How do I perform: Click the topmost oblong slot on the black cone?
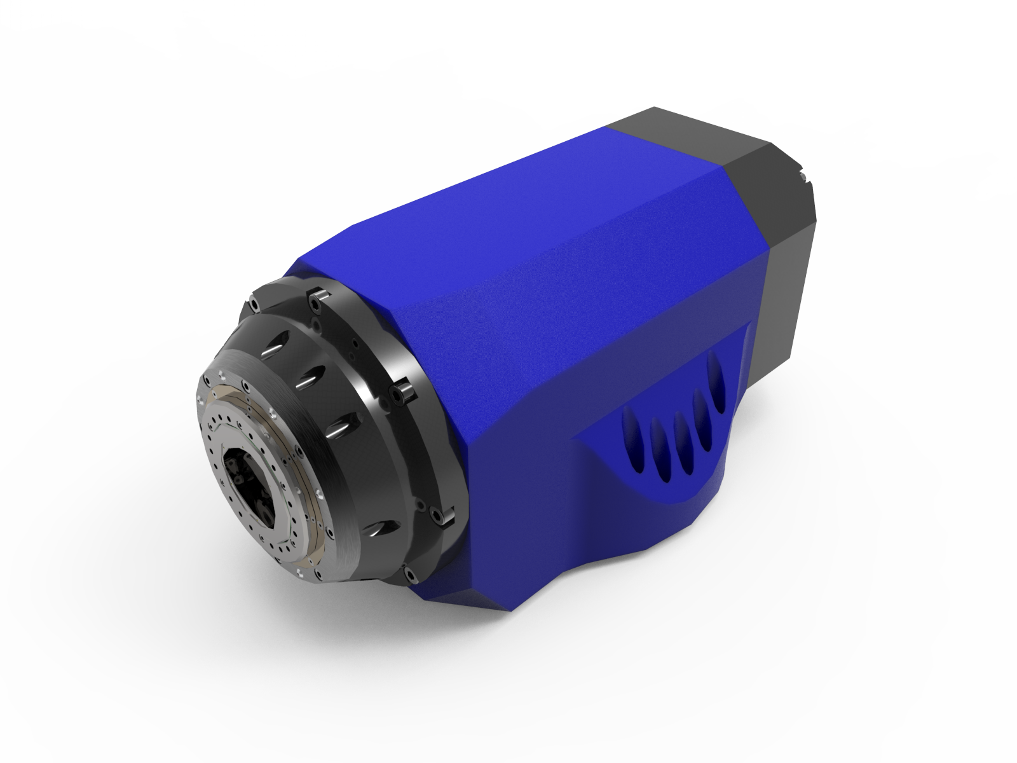tap(275, 350)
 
